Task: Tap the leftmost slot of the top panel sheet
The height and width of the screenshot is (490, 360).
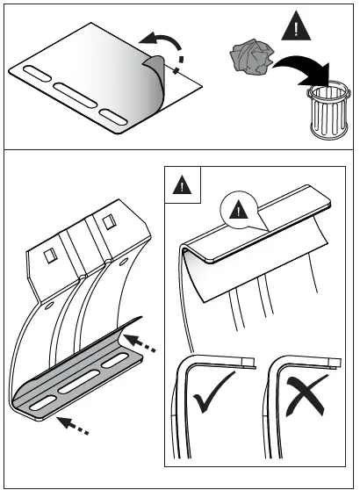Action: pyautogui.click(x=40, y=71)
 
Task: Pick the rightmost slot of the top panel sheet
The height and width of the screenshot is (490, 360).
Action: pyautogui.click(x=116, y=114)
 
